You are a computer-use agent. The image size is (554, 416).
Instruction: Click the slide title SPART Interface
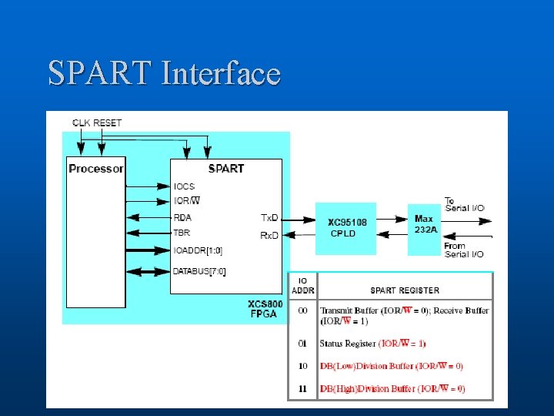[x=164, y=73]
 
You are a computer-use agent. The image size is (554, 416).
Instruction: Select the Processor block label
[x=95, y=169]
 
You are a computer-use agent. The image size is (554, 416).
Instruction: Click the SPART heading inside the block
[x=225, y=169]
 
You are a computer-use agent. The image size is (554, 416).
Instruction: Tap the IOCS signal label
[x=185, y=186]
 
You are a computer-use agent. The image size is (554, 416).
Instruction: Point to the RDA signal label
[x=182, y=217]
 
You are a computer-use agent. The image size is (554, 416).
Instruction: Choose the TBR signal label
[x=182, y=232]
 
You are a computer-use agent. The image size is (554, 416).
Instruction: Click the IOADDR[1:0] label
[x=199, y=250]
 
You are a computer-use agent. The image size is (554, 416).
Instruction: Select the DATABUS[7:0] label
[x=200, y=271]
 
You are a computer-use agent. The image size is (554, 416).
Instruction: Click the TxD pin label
[x=269, y=218]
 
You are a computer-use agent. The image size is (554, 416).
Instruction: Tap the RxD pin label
[x=269, y=235]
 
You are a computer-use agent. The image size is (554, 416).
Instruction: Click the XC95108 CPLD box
[x=346, y=228]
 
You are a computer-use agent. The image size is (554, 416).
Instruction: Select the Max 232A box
[x=422, y=224]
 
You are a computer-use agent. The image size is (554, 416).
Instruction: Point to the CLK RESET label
[x=97, y=122]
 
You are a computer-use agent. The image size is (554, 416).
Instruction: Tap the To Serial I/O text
[x=464, y=205]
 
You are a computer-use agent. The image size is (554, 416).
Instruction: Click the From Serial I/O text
[x=464, y=250]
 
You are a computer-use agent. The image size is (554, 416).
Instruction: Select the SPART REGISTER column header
[x=405, y=290]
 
